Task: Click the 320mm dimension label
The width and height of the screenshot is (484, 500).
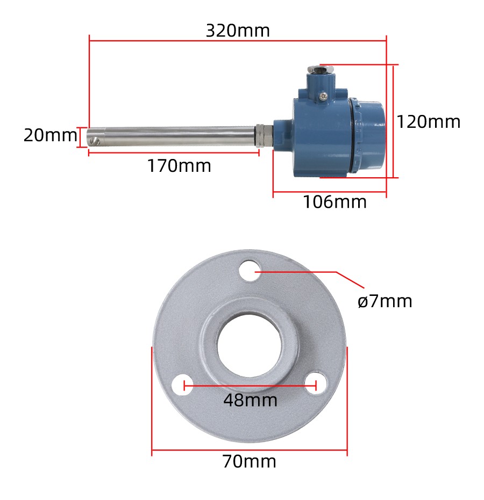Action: click(238, 31)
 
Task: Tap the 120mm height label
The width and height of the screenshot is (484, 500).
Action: click(429, 122)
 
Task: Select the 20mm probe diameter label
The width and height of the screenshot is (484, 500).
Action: click(50, 135)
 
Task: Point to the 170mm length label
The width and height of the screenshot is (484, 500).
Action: click(180, 166)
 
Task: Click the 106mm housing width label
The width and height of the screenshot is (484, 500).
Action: click(334, 202)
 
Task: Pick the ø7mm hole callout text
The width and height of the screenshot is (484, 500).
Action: click(385, 301)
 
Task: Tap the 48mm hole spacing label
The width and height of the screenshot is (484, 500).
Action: click(251, 400)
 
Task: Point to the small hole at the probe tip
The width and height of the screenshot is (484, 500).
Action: click(96, 142)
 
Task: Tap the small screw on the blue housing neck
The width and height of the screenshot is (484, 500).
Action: click(323, 96)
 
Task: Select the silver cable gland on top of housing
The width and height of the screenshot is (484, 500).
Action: click(321, 69)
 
